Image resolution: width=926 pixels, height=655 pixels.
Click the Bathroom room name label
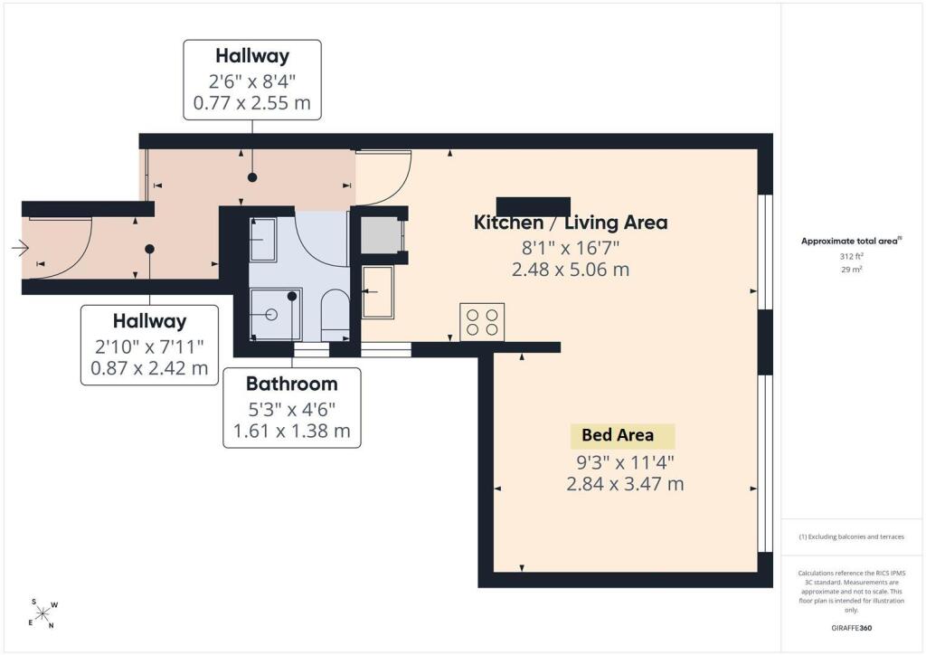[292, 384]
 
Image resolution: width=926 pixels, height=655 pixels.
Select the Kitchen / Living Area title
[571, 223]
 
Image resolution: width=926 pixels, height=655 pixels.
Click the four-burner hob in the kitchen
[482, 322]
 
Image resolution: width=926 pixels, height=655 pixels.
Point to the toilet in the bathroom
[335, 314]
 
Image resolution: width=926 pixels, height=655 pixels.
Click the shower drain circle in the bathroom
[271, 314]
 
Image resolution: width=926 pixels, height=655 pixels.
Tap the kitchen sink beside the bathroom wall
[377, 292]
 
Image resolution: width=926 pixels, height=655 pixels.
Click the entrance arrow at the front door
[20, 248]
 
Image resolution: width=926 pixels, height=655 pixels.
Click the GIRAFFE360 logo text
[851, 628]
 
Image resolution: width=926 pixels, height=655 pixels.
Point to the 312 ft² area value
[852, 256]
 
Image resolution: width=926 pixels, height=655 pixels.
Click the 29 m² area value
[852, 270]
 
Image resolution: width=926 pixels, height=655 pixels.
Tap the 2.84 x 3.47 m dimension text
[625, 484]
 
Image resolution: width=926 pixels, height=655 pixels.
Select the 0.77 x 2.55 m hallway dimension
[252, 103]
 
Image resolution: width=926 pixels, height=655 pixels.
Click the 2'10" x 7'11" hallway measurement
[149, 346]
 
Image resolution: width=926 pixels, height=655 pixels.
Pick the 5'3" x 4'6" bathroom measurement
[292, 409]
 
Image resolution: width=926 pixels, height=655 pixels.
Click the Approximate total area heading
[851, 241]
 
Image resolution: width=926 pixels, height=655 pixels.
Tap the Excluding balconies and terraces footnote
[851, 536]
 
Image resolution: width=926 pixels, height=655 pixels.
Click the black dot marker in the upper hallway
[252, 177]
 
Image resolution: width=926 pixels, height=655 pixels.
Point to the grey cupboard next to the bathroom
[381, 235]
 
